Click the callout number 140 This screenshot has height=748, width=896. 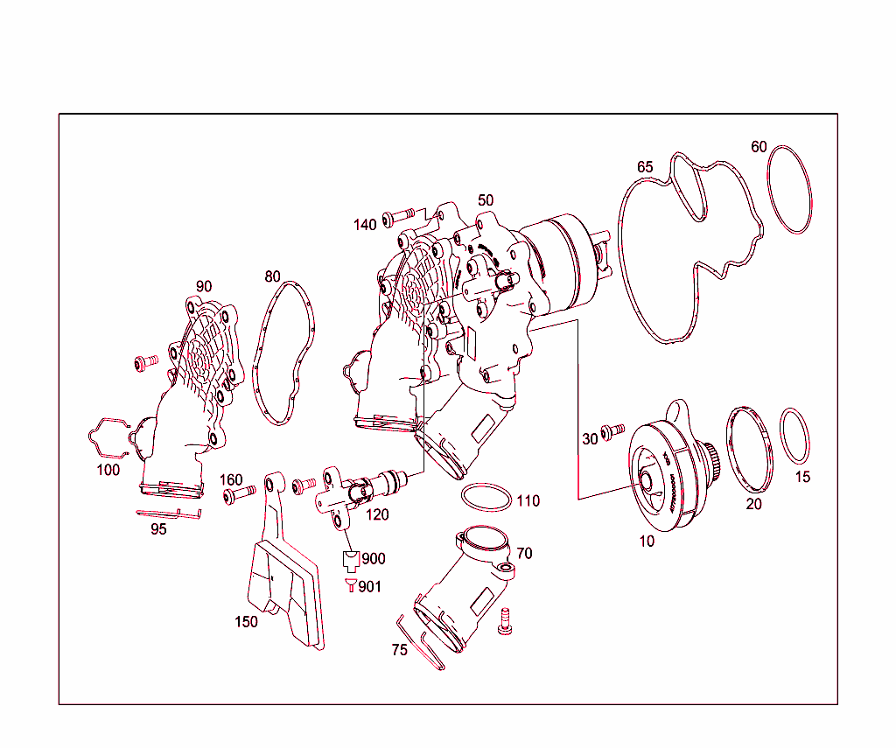pos(365,225)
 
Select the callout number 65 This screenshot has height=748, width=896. pos(645,167)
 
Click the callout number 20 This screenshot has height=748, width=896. pos(753,505)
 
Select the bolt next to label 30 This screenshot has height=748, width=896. pos(614,430)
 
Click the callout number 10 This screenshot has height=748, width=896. pos(647,542)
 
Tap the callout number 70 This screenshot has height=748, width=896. pos(524,554)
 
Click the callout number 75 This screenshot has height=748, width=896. pos(400,651)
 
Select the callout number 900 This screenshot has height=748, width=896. pos(373,559)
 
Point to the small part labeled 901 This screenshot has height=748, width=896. pos(351,586)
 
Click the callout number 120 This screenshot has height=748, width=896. pos(377,515)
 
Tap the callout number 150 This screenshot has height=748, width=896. pos(246,622)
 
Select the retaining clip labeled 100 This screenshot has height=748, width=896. pos(111,435)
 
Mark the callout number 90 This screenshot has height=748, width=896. pos(204,286)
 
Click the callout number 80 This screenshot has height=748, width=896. pos(273,276)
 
